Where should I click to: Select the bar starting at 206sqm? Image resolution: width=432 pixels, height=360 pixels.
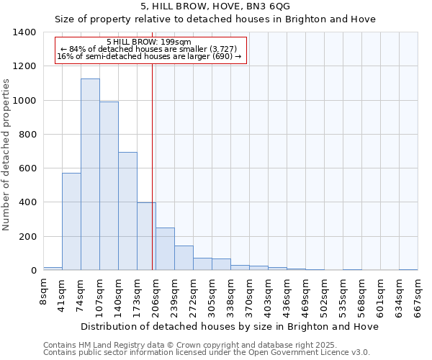(x=165, y=249)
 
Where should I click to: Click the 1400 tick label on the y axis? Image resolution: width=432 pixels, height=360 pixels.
(x=24, y=32)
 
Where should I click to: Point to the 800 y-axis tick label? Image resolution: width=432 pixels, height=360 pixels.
(x=27, y=135)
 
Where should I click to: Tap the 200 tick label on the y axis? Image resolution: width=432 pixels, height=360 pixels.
(x=27, y=237)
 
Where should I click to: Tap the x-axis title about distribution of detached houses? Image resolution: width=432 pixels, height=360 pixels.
(x=230, y=326)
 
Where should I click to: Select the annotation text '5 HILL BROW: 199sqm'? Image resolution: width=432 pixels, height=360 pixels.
(x=148, y=42)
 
